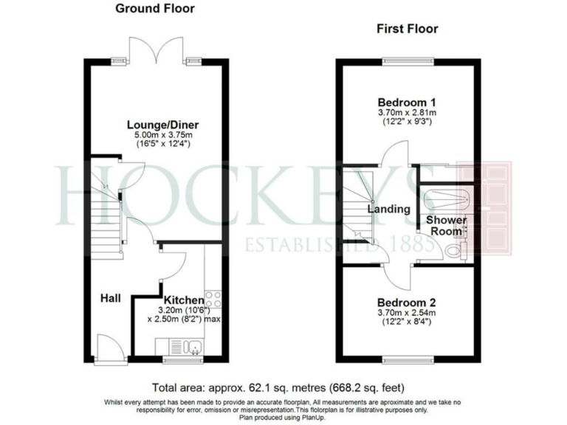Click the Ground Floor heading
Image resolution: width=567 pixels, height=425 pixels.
(x=154, y=9)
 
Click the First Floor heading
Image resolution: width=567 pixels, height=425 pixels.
(x=407, y=30)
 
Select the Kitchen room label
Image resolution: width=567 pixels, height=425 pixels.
(x=183, y=300)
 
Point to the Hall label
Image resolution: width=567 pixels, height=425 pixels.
(x=111, y=298)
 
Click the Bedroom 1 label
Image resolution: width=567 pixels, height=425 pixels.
(x=407, y=102)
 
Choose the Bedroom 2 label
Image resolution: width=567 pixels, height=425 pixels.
(x=407, y=303)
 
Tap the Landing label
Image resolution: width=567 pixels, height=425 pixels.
(x=389, y=210)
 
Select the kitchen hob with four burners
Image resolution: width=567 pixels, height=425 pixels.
(x=212, y=298)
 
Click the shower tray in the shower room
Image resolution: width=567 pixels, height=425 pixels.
(x=447, y=198)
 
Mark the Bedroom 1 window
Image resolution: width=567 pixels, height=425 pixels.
(x=408, y=60)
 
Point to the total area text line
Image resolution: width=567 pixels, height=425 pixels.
(x=278, y=387)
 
